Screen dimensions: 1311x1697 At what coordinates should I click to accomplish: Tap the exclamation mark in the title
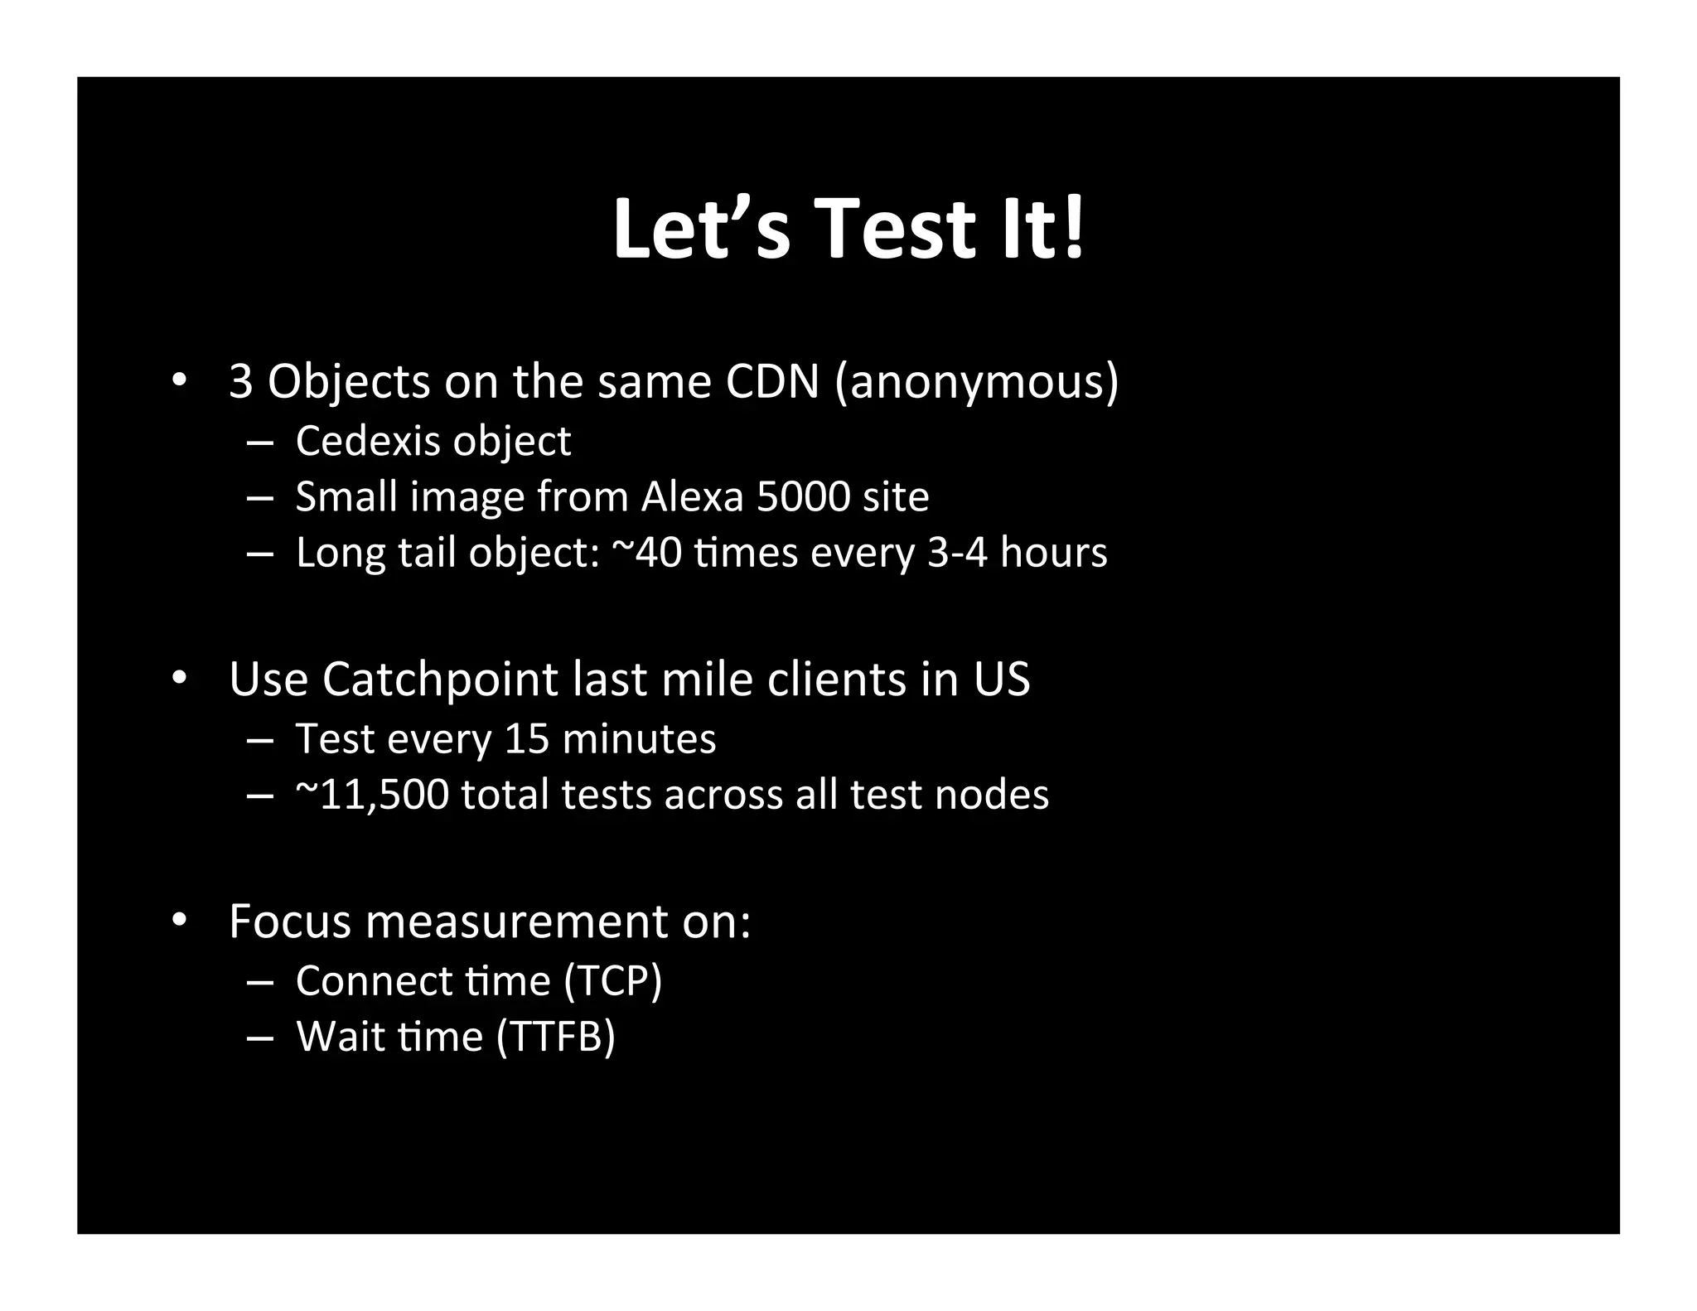[x=1074, y=230]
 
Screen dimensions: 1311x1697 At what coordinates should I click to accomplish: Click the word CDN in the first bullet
[x=771, y=381]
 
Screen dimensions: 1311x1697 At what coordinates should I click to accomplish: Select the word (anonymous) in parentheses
[x=977, y=383]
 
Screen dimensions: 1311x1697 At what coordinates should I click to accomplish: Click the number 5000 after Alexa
[x=803, y=496]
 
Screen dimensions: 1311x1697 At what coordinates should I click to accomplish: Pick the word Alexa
[x=692, y=496]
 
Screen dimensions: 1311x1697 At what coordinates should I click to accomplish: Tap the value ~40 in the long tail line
[x=646, y=552]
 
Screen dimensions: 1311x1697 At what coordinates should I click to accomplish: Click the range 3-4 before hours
[x=957, y=552]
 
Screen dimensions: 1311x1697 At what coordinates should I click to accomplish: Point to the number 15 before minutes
[x=527, y=738]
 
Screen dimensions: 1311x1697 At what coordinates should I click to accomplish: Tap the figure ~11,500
[x=372, y=795]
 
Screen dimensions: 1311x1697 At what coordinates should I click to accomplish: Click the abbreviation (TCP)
[x=612, y=980]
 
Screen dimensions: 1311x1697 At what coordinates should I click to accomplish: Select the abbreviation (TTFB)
[x=555, y=1037]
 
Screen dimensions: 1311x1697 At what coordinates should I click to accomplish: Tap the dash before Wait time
[x=259, y=1038]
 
